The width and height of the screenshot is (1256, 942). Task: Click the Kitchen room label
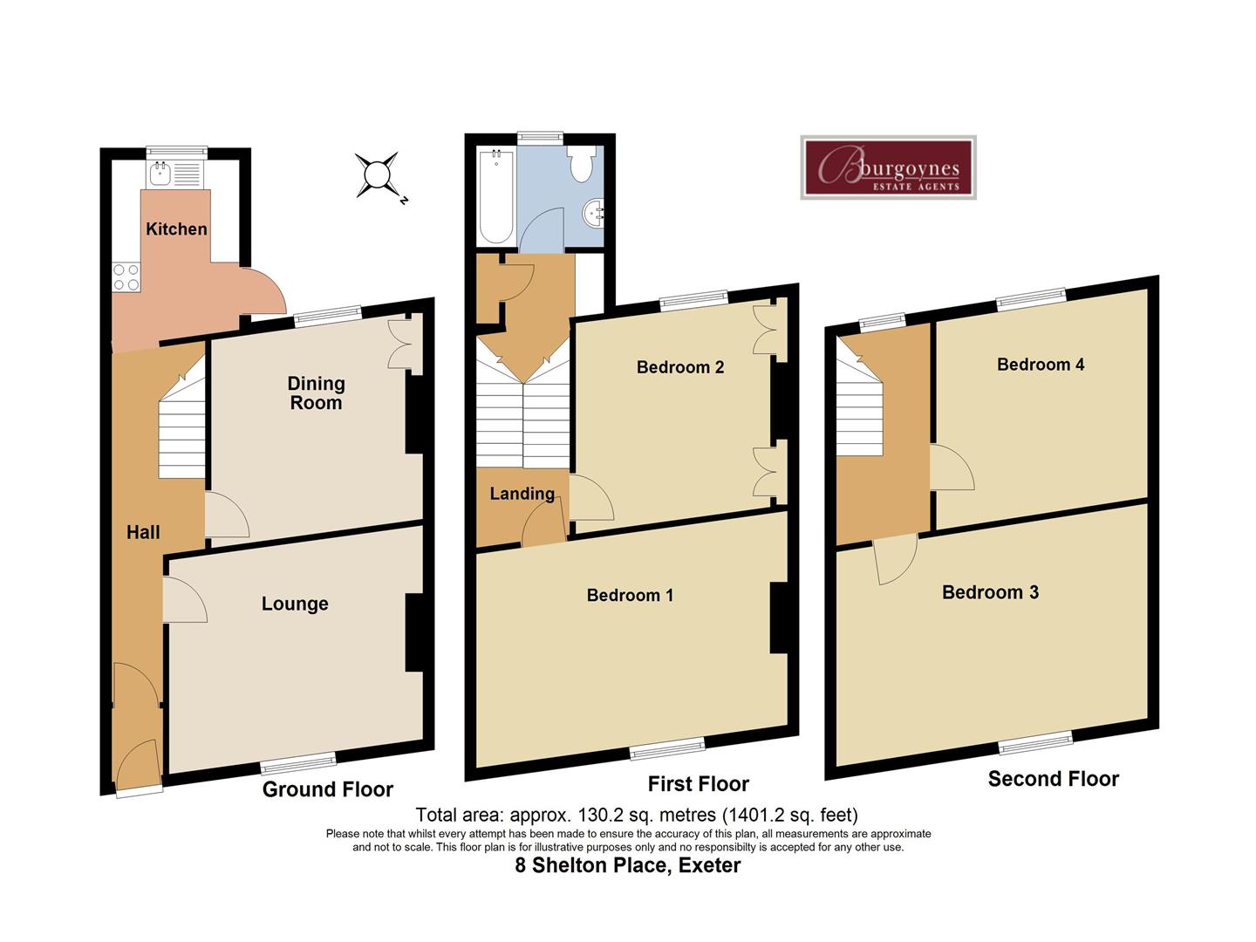(176, 229)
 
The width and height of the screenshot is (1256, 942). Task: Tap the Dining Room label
(316, 393)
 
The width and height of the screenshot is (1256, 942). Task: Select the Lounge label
(295, 604)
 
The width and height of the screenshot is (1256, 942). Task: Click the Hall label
(143, 532)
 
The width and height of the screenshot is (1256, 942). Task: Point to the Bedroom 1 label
(630, 595)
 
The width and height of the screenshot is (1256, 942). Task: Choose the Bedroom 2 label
(680, 367)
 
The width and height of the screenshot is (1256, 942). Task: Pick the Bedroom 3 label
(990, 592)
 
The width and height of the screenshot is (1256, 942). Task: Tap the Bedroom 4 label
(1041, 365)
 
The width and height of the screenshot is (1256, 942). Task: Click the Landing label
(522, 494)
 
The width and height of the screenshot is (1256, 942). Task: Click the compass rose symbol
(378, 175)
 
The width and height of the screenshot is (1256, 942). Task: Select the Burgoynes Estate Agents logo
(888, 168)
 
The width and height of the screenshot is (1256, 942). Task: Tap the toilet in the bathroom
(581, 163)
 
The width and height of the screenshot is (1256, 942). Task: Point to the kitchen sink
(161, 174)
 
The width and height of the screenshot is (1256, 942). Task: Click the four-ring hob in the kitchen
(126, 277)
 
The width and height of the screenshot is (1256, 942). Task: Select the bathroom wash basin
(594, 211)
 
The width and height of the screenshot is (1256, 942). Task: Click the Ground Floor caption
(328, 789)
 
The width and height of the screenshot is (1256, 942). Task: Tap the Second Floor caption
(1053, 779)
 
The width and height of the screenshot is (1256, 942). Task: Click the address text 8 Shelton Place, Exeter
(627, 866)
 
